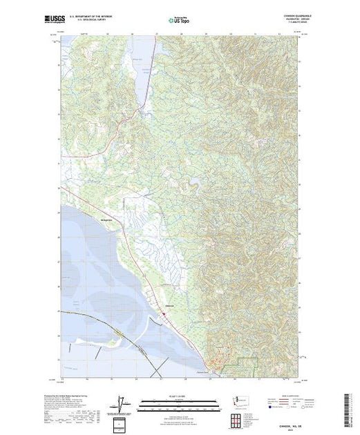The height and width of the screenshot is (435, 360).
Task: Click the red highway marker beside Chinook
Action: pos(163,314)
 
